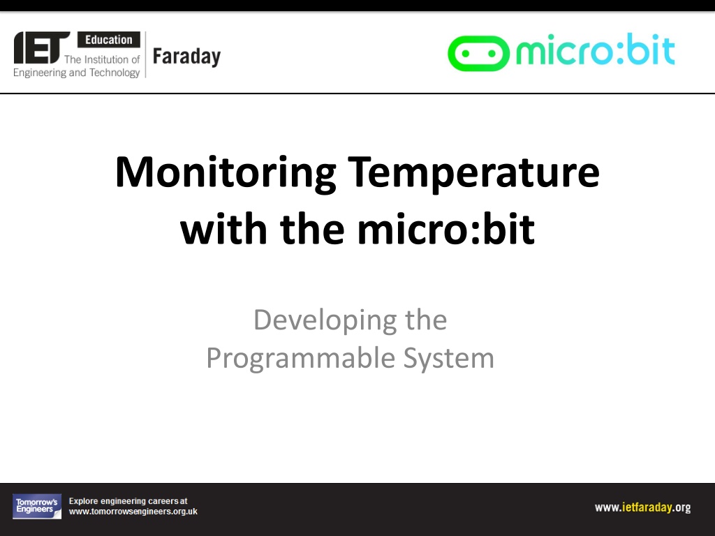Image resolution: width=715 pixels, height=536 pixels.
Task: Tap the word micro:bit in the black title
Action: click(446, 229)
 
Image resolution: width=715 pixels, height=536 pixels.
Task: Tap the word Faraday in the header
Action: click(186, 57)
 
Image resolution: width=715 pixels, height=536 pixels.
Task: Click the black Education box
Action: click(108, 40)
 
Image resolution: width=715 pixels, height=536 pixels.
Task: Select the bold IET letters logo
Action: click(41, 47)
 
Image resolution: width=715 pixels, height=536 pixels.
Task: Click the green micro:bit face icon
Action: click(478, 53)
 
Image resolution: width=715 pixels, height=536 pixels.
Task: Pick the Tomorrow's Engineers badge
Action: click(37, 507)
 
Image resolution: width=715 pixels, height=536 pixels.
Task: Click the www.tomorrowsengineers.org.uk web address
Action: click(133, 512)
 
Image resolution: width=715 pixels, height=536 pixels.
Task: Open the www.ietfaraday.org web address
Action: click(642, 507)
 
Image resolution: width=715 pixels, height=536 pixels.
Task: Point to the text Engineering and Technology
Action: click(76, 73)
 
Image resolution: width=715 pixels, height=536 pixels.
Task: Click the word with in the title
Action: click(223, 229)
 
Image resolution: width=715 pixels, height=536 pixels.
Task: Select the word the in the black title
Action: click(312, 229)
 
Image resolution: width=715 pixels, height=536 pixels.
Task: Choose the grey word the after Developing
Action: click(426, 320)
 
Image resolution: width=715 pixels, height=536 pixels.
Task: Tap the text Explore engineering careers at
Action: click(128, 501)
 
